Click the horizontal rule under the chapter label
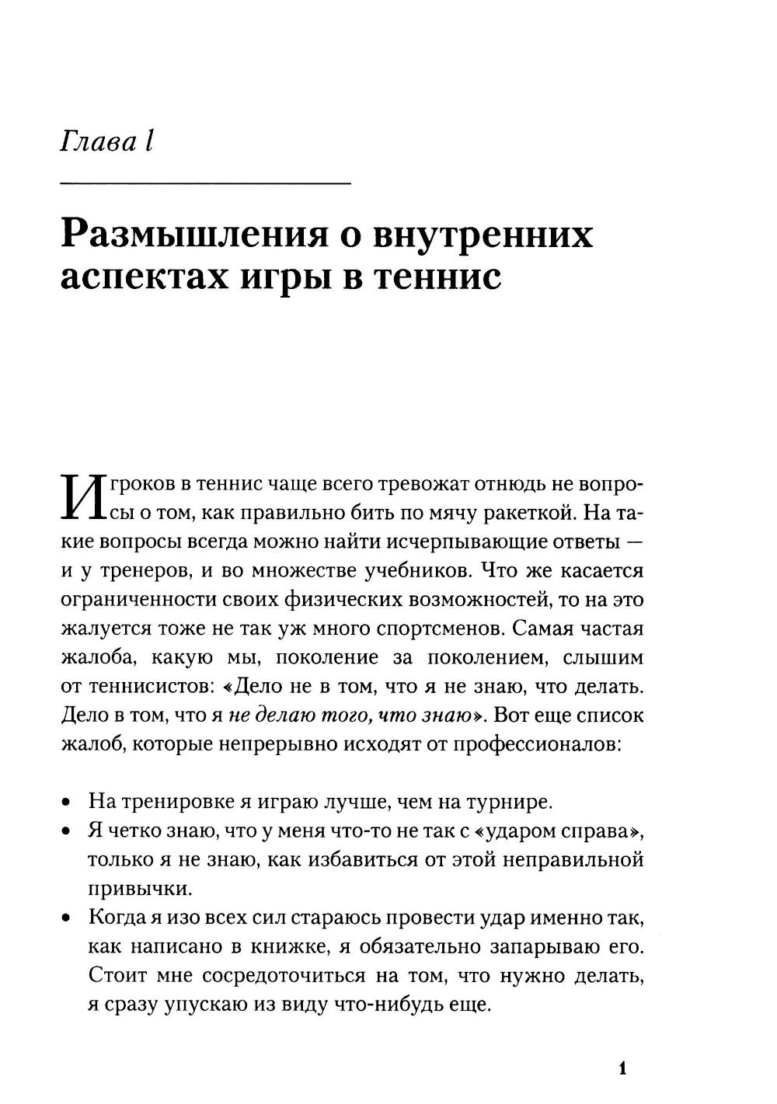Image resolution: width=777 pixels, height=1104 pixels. tap(205, 183)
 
